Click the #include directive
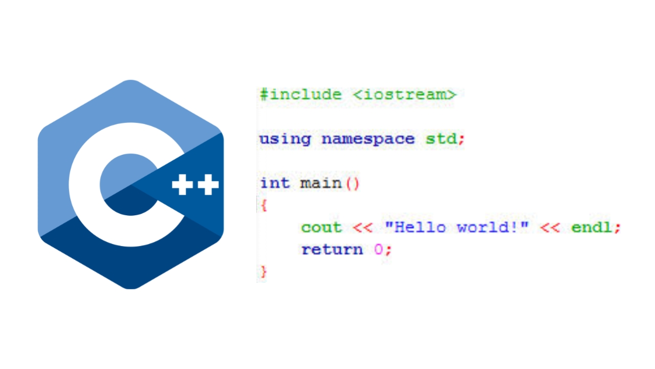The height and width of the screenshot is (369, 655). coord(301,95)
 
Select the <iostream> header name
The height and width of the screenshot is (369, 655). coord(405,95)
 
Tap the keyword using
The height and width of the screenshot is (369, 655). coord(285,139)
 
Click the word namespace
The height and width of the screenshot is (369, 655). coord(368,139)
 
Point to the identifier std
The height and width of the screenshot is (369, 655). coord(441,138)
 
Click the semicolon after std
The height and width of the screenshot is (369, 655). coord(461,140)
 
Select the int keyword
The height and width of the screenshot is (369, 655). coord(275,183)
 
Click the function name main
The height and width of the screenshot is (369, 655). coord(321,183)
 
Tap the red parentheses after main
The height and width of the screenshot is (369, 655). coord(353,183)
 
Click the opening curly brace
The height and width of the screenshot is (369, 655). coord(264,206)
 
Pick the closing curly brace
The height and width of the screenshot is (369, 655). coord(264,272)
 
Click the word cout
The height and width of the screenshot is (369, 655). coord(322,228)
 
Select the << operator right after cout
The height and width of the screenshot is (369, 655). coord(363,228)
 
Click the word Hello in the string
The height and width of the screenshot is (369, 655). coord(420,227)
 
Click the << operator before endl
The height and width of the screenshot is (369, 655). coord(550,228)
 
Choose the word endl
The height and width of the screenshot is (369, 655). coord(591,227)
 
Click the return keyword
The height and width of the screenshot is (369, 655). coord(332,250)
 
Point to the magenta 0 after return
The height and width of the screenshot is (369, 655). coord(378,249)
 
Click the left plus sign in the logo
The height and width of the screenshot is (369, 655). coord(183,184)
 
